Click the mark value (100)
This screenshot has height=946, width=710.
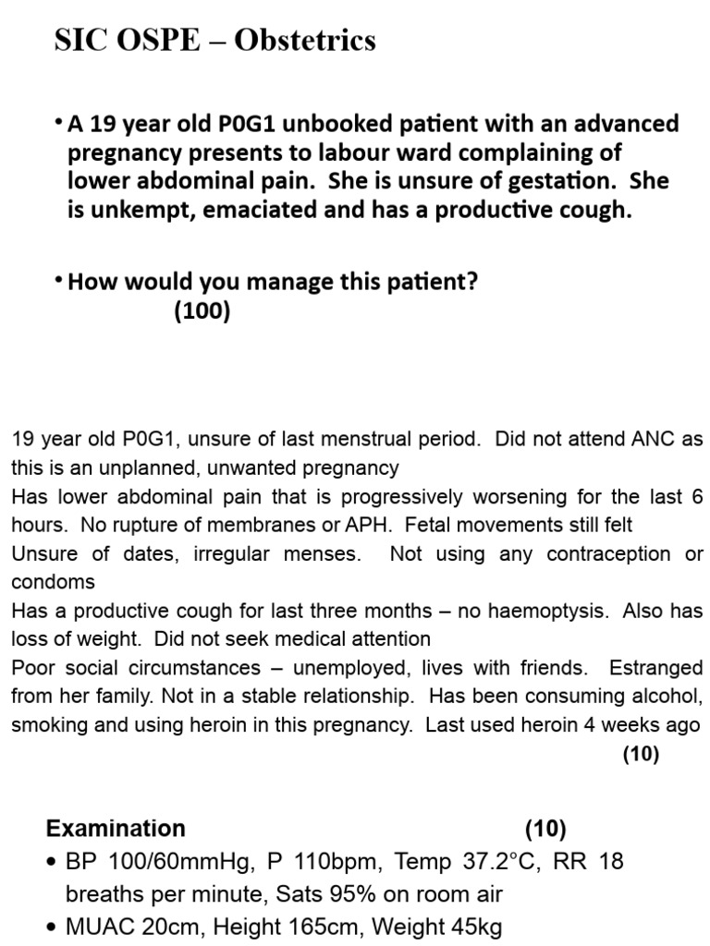coord(202,311)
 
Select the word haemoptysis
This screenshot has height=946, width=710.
coord(553,611)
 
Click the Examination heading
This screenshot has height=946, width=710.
coord(116,828)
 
